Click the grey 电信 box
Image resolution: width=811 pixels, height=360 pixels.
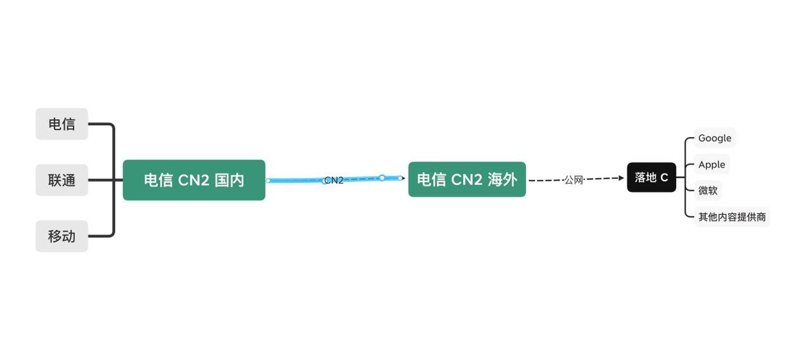pos(62,124)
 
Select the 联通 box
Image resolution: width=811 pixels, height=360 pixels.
pos(62,180)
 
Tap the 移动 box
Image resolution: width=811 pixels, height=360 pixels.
pos(62,236)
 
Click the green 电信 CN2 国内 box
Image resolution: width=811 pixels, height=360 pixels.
pos(194,180)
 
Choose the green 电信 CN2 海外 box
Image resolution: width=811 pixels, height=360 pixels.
pos(467,179)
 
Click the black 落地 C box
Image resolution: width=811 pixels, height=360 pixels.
pos(651,177)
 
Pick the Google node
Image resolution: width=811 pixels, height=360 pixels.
pos(715,138)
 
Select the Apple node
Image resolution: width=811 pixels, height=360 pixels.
pos(712,164)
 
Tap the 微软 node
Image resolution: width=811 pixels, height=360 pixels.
pos(708,191)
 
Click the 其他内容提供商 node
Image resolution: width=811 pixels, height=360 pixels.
pos(732,217)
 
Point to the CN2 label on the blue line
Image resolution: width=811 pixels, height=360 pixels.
pos(334,180)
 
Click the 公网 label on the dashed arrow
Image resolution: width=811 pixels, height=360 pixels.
pos(574,180)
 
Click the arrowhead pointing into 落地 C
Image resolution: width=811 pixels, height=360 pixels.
pos(622,178)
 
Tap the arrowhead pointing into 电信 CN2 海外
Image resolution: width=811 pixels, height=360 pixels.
pos(403,178)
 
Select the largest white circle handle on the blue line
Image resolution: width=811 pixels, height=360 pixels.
pos(382,177)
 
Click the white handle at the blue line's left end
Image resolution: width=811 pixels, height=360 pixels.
pos(268,181)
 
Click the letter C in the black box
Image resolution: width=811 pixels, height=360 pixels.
pos(664,177)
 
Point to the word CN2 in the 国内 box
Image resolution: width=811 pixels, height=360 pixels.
pos(193,180)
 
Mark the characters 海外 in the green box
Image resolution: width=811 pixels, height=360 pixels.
pos(502,179)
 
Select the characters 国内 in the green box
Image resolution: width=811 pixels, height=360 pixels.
pos(229,180)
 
